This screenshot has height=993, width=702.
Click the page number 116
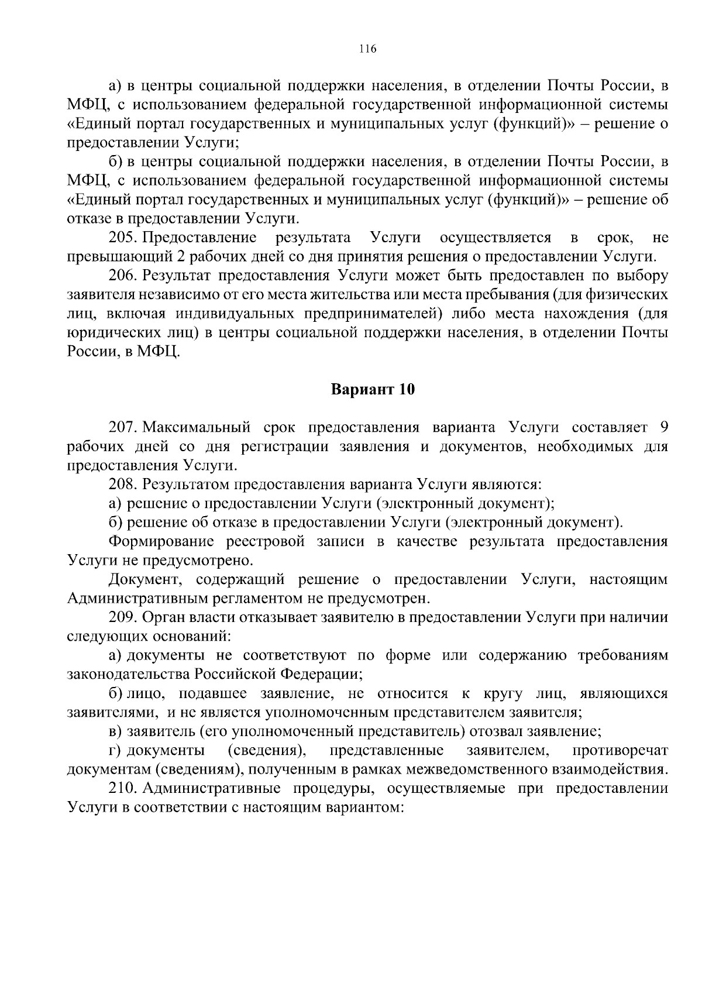[x=367, y=49]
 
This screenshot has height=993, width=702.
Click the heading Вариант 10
[x=373, y=390]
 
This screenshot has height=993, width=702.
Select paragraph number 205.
[x=122, y=238]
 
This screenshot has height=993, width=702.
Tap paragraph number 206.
[x=122, y=276]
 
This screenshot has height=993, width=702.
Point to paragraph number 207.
[x=122, y=428]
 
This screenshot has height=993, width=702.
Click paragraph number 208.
[x=122, y=485]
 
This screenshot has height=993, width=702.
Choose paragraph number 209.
[x=122, y=617]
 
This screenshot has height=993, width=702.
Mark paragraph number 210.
[x=122, y=788]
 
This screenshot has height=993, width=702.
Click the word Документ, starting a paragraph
[x=146, y=579]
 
